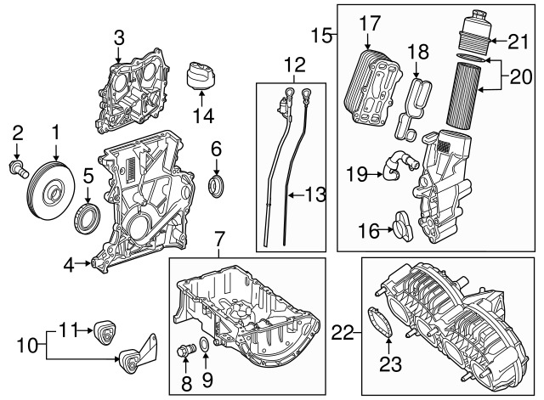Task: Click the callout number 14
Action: point(203,115)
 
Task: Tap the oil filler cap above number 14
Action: point(201,76)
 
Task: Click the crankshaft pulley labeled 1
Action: point(51,190)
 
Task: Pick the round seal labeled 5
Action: point(88,219)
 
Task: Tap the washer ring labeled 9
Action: point(205,345)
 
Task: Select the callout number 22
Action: point(342,334)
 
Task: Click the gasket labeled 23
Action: point(380,321)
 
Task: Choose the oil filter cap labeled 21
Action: point(474,31)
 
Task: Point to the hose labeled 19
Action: point(400,166)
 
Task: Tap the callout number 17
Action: point(370,24)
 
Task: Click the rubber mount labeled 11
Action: point(105,333)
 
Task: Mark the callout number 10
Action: point(27,345)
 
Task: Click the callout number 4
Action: point(68,266)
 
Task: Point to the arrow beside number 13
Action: point(296,195)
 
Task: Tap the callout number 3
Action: point(119,38)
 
